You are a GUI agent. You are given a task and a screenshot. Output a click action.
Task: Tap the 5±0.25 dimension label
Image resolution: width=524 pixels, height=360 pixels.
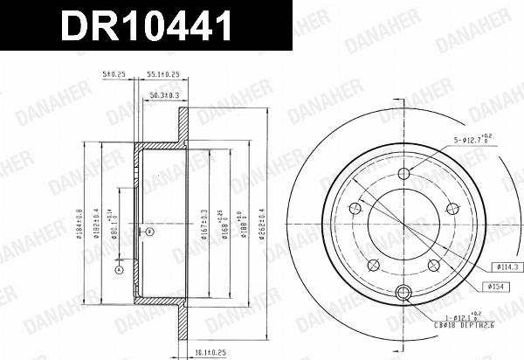pyautogui.click(x=114, y=77)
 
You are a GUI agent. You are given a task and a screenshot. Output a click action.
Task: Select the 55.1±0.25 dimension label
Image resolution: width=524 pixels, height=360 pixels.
pyautogui.click(x=162, y=77)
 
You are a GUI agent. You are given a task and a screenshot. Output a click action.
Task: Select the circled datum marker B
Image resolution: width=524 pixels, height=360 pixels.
pyautogui.click(x=149, y=232)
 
